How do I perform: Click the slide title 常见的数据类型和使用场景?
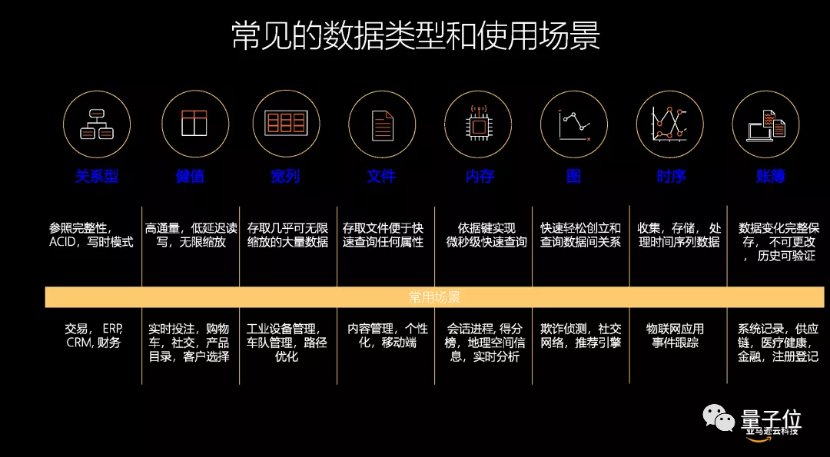click(415, 36)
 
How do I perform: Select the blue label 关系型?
click(97, 177)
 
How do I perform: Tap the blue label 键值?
click(190, 177)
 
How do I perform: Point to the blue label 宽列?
click(285, 177)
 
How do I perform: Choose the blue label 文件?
click(381, 177)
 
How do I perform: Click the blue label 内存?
click(480, 177)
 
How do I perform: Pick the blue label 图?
click(573, 177)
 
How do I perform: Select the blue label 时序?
click(670, 177)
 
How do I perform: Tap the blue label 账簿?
click(769, 177)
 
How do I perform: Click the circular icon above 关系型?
click(97, 124)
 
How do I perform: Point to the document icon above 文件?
click(382, 124)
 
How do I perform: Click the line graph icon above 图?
click(574, 124)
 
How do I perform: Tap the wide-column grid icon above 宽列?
click(286, 124)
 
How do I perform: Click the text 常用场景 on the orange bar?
click(434, 297)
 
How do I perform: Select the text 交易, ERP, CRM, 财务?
click(93, 336)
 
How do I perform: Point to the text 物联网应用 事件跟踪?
click(675, 336)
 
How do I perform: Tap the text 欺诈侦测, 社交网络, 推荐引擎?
click(580, 336)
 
